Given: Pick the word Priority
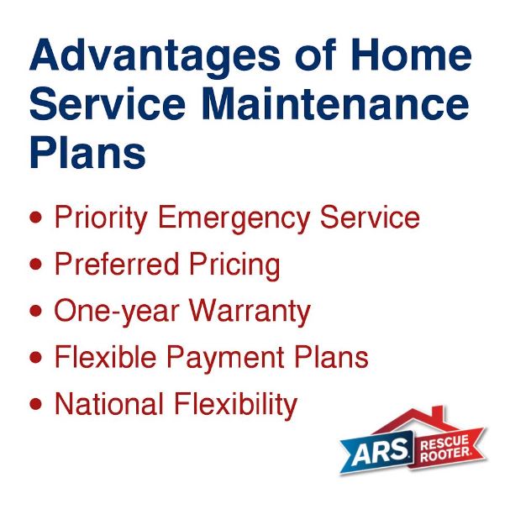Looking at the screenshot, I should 101,218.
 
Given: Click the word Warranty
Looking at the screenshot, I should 250,312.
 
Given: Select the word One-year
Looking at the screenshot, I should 117,312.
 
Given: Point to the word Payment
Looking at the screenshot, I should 241,359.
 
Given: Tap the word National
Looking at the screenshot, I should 110,404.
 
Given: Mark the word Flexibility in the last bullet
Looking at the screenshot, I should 236,405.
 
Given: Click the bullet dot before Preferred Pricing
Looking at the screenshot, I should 35,265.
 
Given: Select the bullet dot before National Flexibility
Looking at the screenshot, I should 35,404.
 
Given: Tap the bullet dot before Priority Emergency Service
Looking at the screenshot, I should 35,218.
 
